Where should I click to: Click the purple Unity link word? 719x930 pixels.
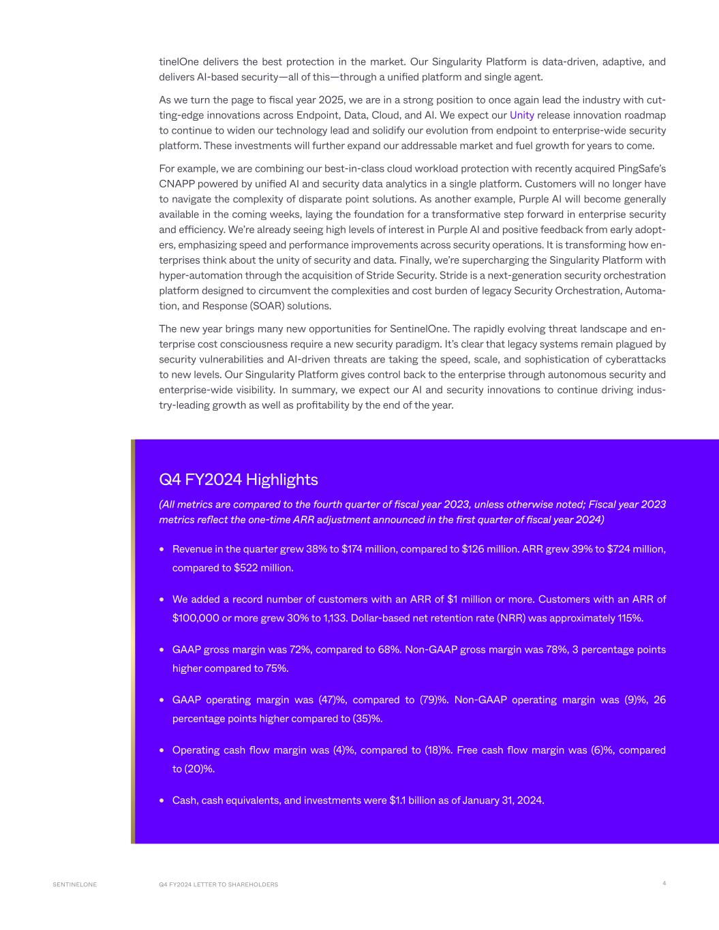click(x=521, y=115)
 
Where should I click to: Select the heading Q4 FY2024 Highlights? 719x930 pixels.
click(x=238, y=480)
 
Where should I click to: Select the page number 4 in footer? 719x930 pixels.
click(x=664, y=884)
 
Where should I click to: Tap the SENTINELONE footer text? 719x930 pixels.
click(x=75, y=884)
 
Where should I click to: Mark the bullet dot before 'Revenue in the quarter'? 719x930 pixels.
click(x=162, y=549)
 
